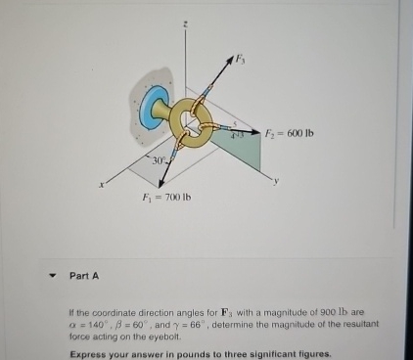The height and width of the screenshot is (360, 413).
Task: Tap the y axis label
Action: (x=278, y=180)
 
